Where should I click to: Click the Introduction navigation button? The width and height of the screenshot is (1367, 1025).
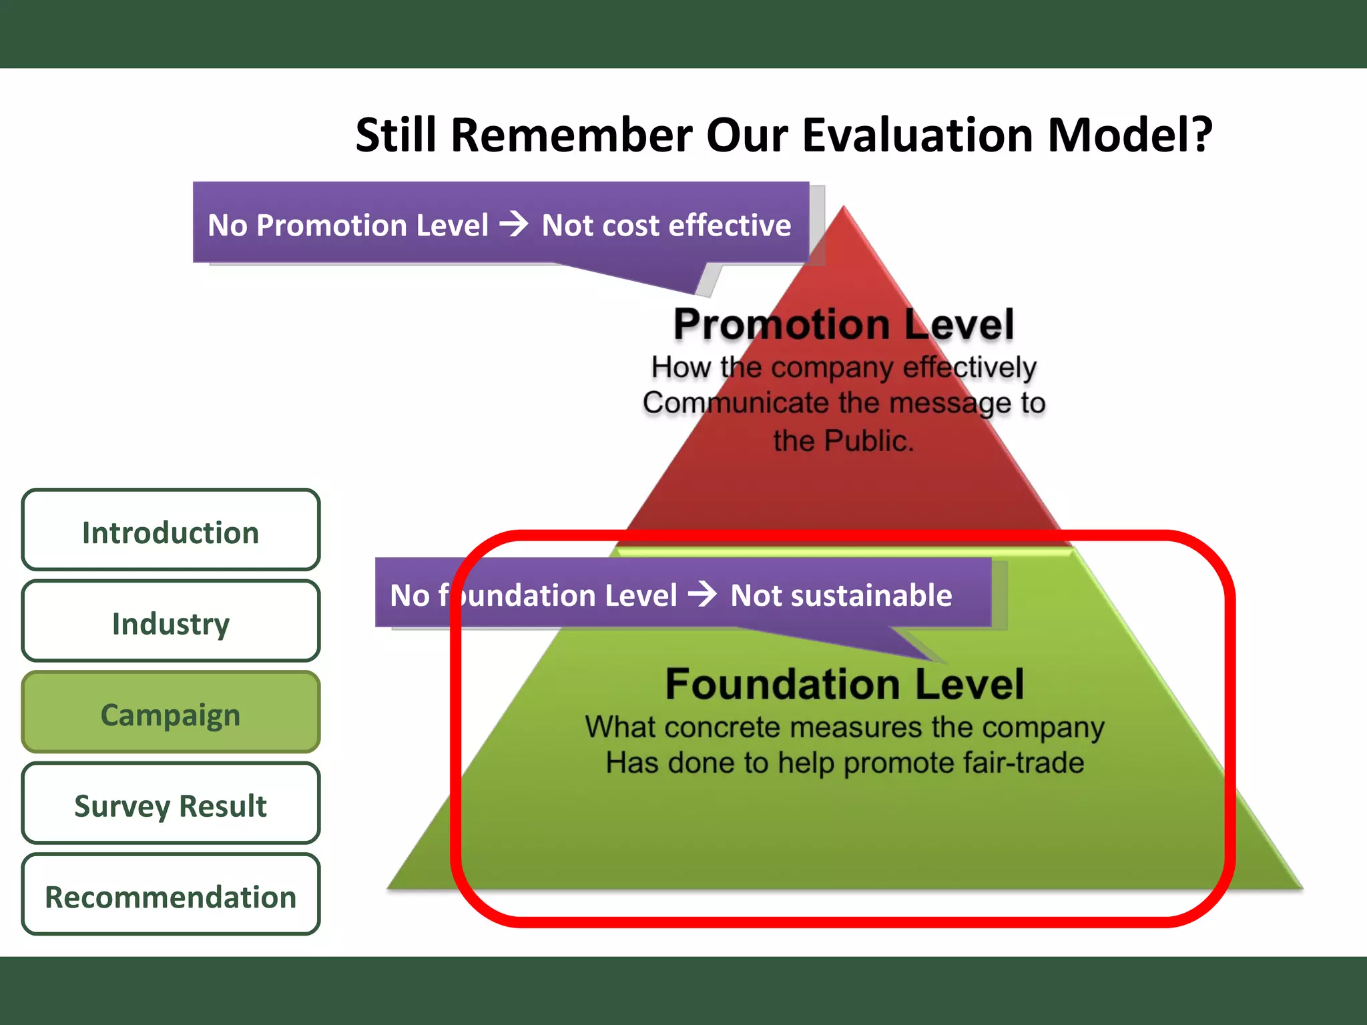pyautogui.click(x=170, y=532)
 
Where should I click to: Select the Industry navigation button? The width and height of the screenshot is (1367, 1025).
pyautogui.click(x=170, y=623)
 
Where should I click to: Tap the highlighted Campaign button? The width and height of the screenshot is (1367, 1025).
pyautogui.click(x=170, y=714)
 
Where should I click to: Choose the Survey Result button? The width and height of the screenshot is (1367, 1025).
pyautogui.click(x=170, y=805)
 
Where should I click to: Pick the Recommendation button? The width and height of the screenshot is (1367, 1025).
pyautogui.click(x=170, y=896)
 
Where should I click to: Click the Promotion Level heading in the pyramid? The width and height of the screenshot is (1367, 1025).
pyautogui.click(x=844, y=325)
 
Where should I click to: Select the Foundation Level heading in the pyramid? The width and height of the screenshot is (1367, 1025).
pyautogui.click(x=844, y=685)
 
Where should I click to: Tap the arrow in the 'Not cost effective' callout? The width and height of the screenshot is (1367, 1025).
pyautogui.click(x=514, y=224)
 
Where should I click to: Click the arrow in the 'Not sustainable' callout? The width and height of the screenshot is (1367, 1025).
pyautogui.click(x=703, y=594)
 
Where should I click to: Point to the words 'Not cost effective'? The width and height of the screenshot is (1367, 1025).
pyautogui.click(x=666, y=226)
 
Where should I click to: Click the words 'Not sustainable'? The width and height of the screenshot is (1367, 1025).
pyautogui.click(x=841, y=595)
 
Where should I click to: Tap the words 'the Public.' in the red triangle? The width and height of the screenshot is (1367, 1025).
pyautogui.click(x=844, y=440)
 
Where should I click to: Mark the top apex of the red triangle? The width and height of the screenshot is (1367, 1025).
pyautogui.click(x=844, y=208)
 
